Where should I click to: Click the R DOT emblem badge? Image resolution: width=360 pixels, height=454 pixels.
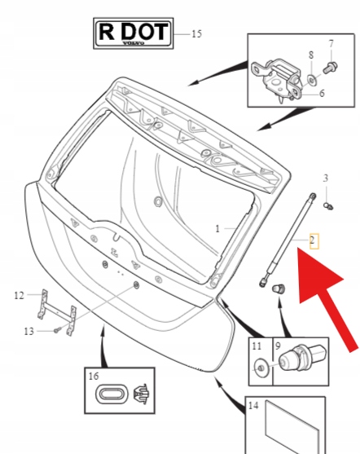[x=134, y=33]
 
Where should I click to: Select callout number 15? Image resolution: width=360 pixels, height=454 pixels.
[x=196, y=34]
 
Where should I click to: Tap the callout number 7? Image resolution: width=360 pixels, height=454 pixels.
[x=331, y=44]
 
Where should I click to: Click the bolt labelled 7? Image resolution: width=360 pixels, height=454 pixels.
[x=331, y=68]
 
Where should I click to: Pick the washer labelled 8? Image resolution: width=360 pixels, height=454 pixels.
[x=312, y=79]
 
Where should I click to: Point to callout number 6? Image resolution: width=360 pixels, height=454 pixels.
[x=322, y=93]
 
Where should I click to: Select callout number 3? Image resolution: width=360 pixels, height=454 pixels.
[x=326, y=178]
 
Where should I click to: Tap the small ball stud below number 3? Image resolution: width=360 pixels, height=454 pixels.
[x=328, y=206]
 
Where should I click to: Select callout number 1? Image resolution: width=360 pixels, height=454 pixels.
[x=217, y=229]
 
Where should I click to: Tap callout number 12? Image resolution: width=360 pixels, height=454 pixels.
[x=19, y=295]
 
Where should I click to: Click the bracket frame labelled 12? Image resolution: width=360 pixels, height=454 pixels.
[x=57, y=312]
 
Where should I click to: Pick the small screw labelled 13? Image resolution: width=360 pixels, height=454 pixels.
[x=58, y=329]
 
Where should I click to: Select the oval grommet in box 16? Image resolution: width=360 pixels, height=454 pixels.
[x=112, y=394]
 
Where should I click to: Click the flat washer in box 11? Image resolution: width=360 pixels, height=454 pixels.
[x=261, y=368]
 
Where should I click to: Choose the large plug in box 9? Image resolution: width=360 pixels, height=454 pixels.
[x=302, y=358]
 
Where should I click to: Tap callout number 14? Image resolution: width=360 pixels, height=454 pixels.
[x=253, y=406]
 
